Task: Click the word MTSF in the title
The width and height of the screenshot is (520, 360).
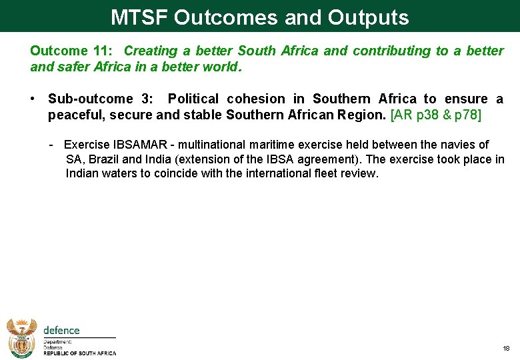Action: [x=139, y=17]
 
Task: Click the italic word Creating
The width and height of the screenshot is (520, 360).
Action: [x=151, y=51]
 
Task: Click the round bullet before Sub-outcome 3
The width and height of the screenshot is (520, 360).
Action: [x=33, y=99]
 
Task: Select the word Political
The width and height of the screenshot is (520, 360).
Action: [x=194, y=99]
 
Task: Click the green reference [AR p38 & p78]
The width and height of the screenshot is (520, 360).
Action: [x=435, y=115]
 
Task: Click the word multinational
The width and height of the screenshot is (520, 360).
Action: [x=217, y=145]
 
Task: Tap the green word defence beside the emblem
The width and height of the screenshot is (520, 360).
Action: [x=61, y=330]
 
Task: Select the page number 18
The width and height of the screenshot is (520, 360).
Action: [x=505, y=349]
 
